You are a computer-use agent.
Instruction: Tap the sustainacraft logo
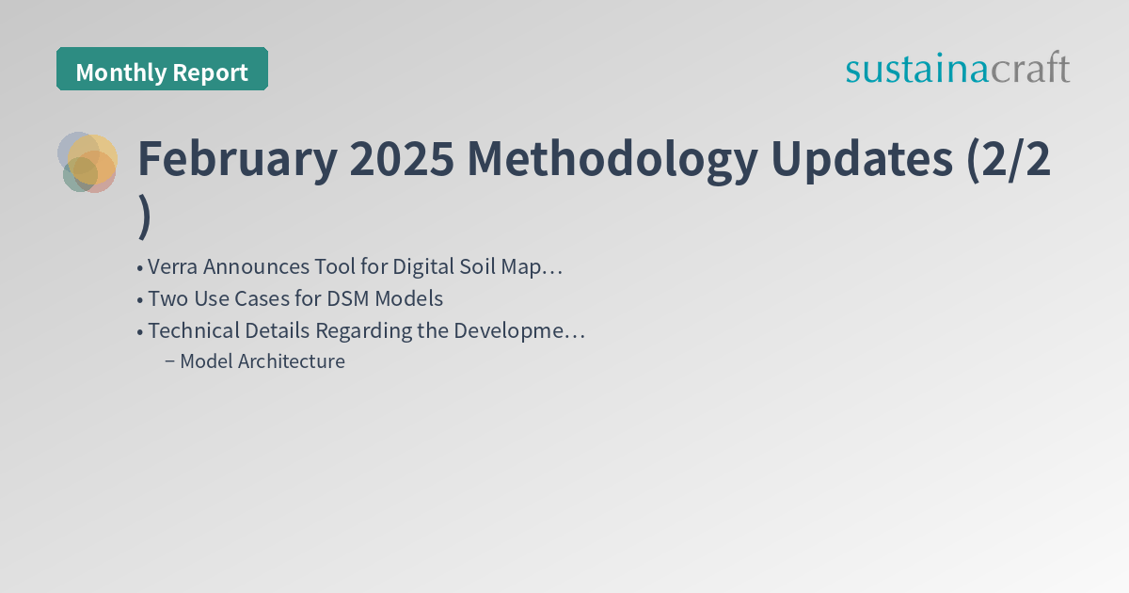tap(957, 69)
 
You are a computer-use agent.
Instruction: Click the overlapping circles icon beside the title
tap(87, 162)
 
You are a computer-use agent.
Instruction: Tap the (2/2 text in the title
tap(1009, 160)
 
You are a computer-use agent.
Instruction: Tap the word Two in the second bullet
tap(166, 299)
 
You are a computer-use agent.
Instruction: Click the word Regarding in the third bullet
tap(358, 331)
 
